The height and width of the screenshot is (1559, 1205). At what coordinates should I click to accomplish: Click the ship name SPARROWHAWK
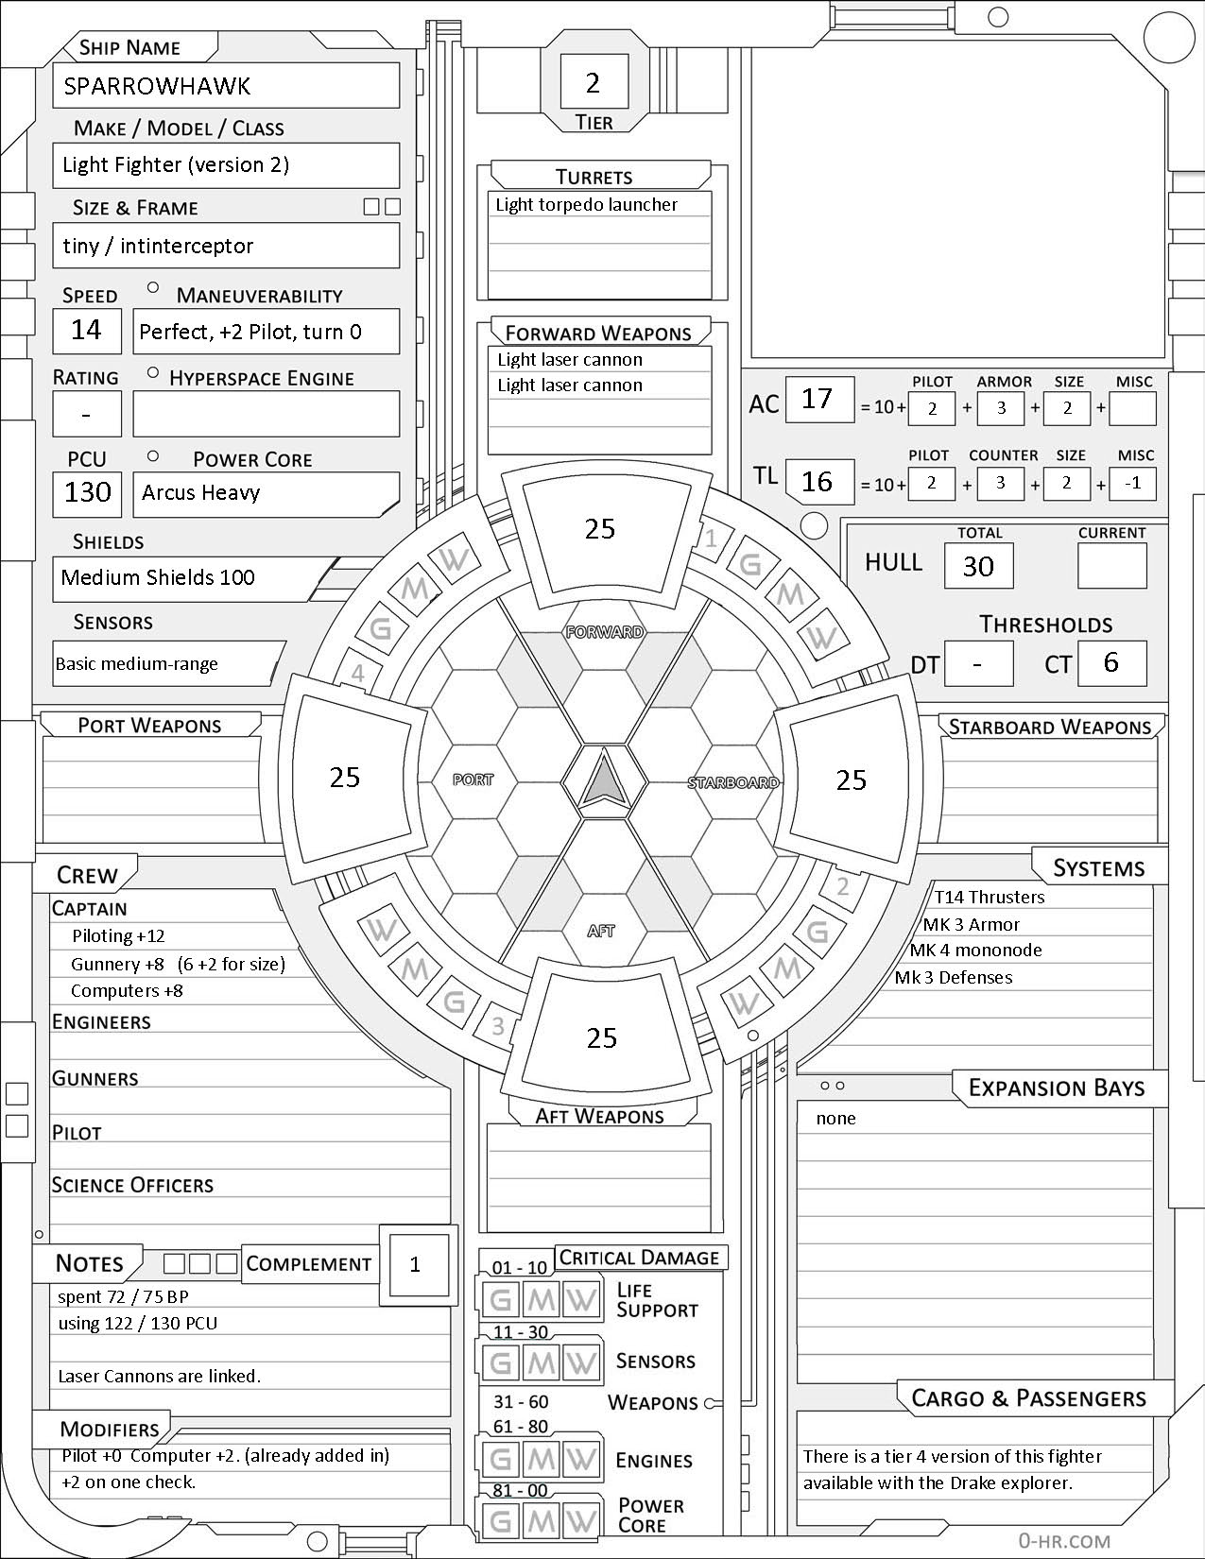157,87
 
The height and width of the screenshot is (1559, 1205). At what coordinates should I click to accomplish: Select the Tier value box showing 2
594,83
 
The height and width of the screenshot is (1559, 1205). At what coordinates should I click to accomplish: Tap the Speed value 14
87,330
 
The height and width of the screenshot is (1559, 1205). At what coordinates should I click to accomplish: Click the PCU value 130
87,492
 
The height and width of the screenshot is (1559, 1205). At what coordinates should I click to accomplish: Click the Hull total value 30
978,566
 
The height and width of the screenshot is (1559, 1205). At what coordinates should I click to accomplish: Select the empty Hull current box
1111,566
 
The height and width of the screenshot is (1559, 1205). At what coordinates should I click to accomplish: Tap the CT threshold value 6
1111,662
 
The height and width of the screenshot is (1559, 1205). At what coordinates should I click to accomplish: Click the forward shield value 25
600,529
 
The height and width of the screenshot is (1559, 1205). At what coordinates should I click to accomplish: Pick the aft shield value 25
601,1038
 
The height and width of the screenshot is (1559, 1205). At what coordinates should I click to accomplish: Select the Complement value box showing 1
415,1264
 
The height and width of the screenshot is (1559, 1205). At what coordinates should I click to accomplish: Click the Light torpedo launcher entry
587,205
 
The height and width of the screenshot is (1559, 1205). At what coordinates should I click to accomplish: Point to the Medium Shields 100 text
158,578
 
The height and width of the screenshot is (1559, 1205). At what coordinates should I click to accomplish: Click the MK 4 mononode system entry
976,951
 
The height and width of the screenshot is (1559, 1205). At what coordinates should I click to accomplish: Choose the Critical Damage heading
639,1258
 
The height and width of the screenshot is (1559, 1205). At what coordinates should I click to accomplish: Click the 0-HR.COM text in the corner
1064,1541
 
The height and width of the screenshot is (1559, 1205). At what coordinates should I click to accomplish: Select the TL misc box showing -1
1133,483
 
